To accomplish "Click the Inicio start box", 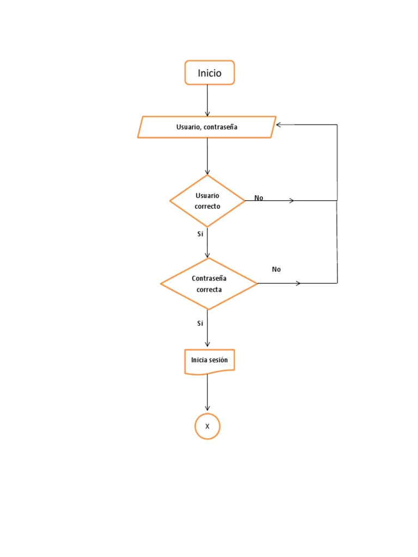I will coord(210,73).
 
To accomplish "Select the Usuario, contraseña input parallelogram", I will coord(207,127).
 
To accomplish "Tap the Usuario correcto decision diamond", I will coord(207,201).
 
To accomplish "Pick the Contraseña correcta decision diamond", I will coord(209,283).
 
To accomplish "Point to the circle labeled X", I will coord(207,426).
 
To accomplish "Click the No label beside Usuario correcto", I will coord(259,198).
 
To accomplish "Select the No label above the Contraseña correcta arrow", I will coord(276,269).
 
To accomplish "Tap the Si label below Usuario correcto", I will coord(200,234).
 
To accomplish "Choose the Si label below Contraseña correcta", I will coord(200,323).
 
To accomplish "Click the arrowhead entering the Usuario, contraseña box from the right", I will coord(279,125).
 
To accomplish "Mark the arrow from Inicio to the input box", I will coord(207,101).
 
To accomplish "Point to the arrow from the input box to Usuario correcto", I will coord(207,156).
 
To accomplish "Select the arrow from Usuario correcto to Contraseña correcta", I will coord(207,243).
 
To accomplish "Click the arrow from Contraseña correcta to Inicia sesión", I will coord(207,329).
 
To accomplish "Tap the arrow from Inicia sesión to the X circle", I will coord(207,393).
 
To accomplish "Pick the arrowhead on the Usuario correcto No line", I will coord(292,201).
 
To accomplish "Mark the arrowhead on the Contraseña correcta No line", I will coord(298,283).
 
